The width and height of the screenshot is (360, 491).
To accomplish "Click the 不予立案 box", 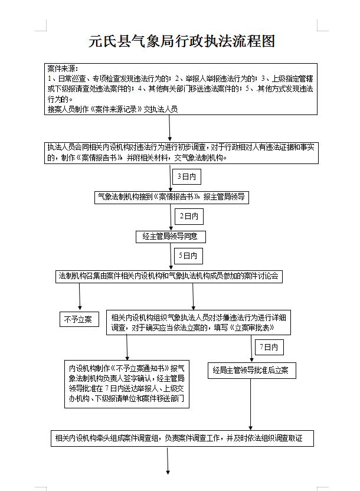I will [x=77, y=320].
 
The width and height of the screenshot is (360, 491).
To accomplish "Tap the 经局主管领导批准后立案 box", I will [x=251, y=371].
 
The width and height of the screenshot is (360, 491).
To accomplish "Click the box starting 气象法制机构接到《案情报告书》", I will [x=172, y=198].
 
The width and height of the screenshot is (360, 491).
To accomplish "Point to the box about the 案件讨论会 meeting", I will [x=169, y=276].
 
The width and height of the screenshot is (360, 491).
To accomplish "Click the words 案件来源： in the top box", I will [x=63, y=68].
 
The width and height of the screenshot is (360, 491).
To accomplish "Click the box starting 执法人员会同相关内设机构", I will [x=181, y=153].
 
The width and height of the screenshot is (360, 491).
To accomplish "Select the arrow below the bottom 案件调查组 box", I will [x=169, y=461].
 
